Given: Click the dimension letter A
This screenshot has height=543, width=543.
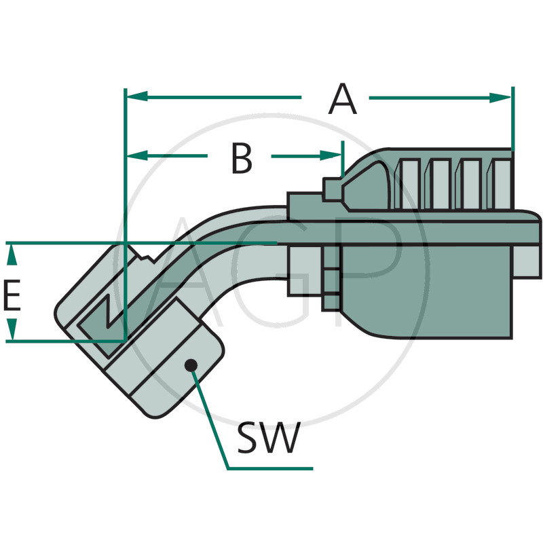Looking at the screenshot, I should (342, 99).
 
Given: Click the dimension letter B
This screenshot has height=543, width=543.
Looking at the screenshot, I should (241, 158).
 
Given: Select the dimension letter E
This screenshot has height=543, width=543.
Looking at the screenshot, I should (12, 297).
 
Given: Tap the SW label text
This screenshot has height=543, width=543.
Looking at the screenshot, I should (267, 439).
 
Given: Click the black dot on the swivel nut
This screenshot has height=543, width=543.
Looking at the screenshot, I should (191, 366).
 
